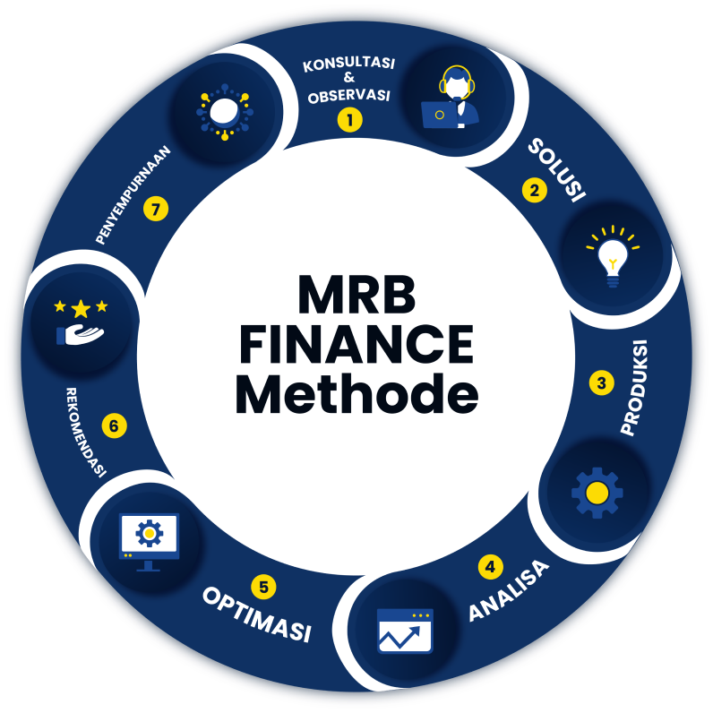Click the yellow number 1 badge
[349, 119]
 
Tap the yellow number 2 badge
[535, 190]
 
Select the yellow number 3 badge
[601, 382]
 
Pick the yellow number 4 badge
[490, 566]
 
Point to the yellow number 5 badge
[263, 588]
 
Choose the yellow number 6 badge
[114, 425]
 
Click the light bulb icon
[613, 256]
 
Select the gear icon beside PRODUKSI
[597, 492]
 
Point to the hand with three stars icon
[81, 322]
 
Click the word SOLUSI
[555, 169]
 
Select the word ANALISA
[508, 595]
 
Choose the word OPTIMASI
[257, 614]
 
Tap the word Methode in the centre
[356, 395]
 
